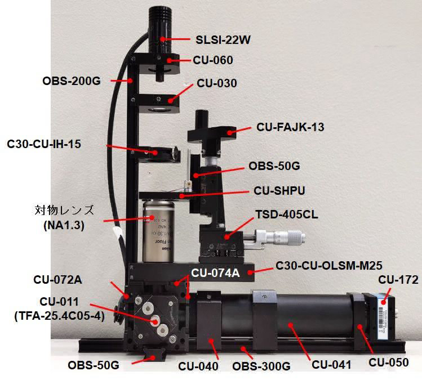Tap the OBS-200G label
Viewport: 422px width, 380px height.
(x=71, y=81)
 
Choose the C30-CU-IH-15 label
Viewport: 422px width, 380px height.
(x=44, y=144)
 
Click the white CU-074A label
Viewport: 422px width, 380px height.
(x=216, y=274)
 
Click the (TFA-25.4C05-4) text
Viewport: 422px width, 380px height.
(x=59, y=316)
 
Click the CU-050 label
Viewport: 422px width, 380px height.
(x=389, y=363)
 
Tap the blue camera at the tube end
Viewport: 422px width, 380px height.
(x=384, y=313)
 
